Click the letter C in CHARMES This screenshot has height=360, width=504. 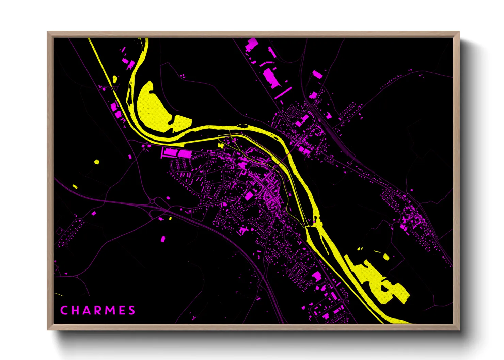(x=64, y=310)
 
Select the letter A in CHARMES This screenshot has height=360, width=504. (x=86, y=310)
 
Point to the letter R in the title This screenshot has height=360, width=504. (x=98, y=310)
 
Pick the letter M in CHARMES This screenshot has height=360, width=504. (x=110, y=310)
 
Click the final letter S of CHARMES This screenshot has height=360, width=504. (x=132, y=310)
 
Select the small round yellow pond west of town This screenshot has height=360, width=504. (x=97, y=162)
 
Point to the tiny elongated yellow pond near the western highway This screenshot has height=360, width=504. (x=75, y=186)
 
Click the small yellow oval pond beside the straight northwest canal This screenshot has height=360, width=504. (x=114, y=79)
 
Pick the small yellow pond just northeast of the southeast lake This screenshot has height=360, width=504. (x=386, y=257)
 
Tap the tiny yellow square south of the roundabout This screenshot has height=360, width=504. (x=170, y=218)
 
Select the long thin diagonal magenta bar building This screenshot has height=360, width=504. (x=283, y=93)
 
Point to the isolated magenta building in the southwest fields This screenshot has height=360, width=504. (x=163, y=239)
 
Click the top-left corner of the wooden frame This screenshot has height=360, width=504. (x=48, y=32)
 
